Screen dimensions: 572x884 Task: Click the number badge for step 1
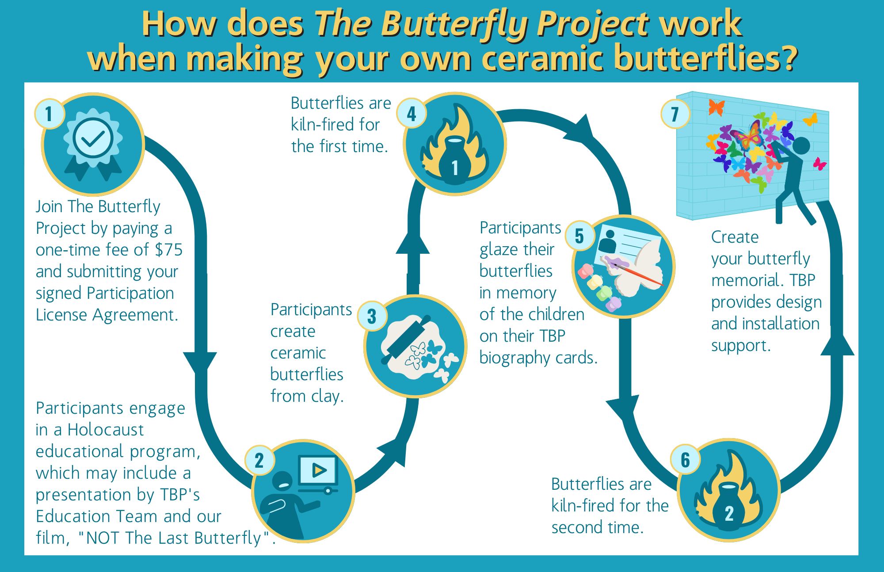[x=49, y=114]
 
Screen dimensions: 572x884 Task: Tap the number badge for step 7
[x=675, y=114]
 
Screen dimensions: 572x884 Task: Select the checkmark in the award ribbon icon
[x=93, y=139]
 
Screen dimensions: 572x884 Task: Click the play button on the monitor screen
[x=319, y=470]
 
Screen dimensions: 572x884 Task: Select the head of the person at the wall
[x=800, y=145]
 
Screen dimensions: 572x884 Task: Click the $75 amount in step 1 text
[x=168, y=250]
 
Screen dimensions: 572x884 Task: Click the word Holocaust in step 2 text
[x=106, y=430]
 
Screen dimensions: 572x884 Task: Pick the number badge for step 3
[x=372, y=316]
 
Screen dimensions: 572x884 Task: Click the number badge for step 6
[x=685, y=460]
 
